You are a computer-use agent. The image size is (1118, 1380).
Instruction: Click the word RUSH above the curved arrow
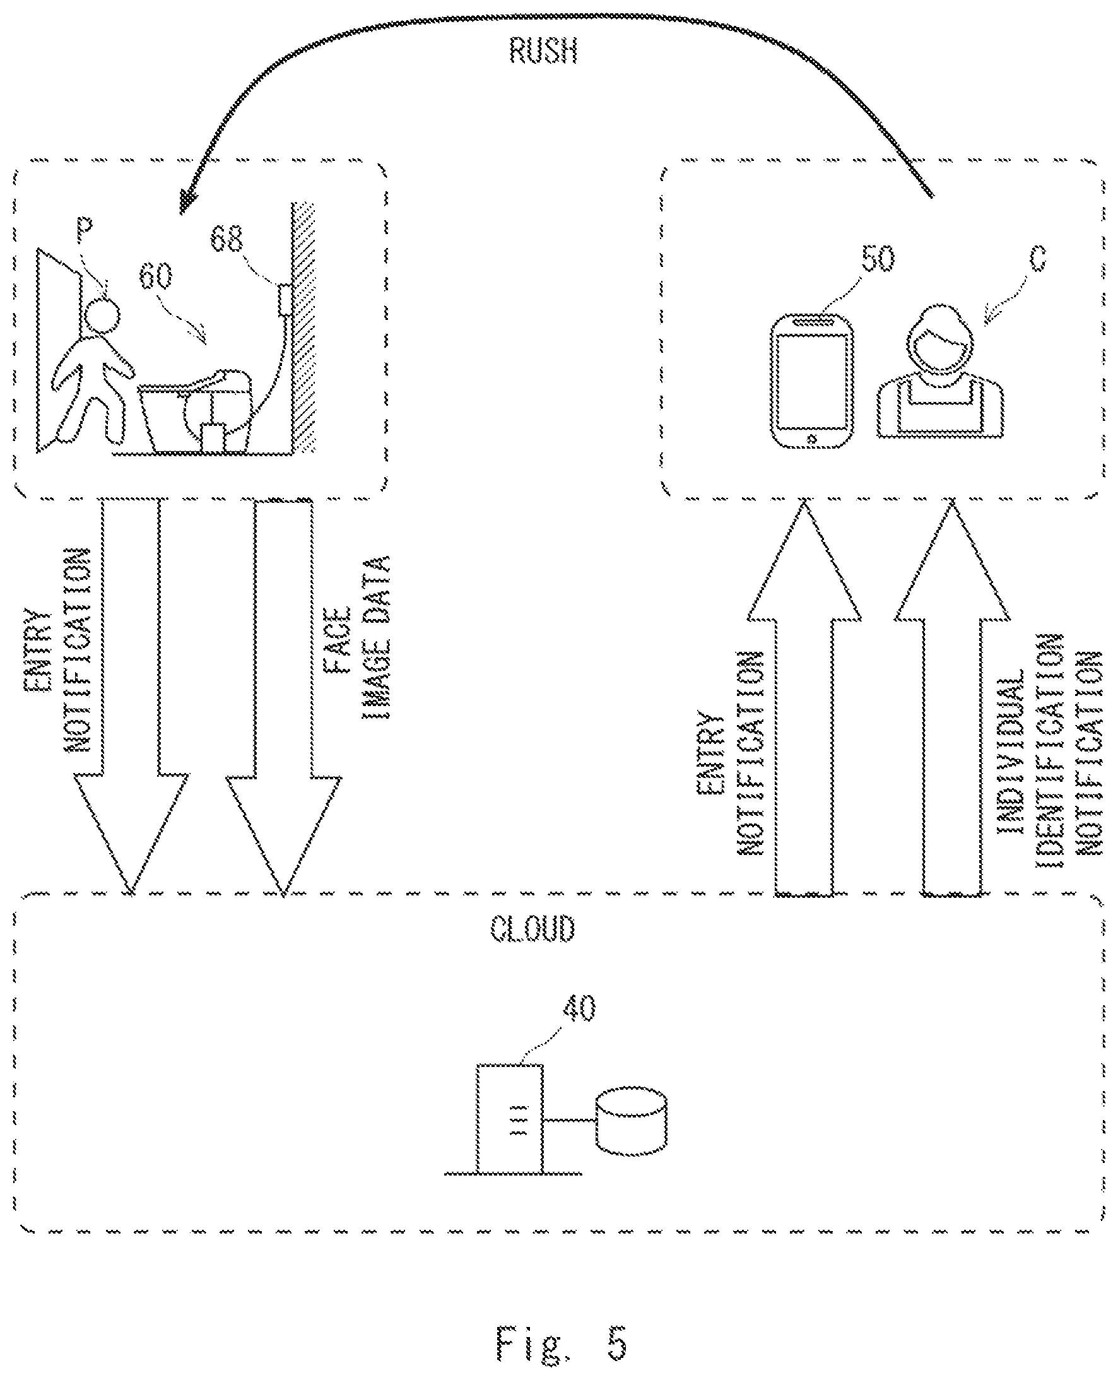click(543, 51)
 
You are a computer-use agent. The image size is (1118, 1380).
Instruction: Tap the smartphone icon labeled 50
click(812, 380)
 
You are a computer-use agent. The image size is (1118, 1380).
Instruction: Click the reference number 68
click(227, 239)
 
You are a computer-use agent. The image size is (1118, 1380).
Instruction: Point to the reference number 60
click(156, 276)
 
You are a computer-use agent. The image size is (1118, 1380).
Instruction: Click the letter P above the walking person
click(85, 230)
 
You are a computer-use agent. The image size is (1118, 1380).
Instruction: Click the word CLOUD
click(533, 929)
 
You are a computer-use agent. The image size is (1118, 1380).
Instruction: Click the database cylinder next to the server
click(631, 1121)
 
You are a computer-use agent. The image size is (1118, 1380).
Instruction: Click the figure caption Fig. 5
click(561, 1343)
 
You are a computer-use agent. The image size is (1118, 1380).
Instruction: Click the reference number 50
click(878, 258)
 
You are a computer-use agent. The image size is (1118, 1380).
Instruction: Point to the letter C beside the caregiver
click(1037, 257)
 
